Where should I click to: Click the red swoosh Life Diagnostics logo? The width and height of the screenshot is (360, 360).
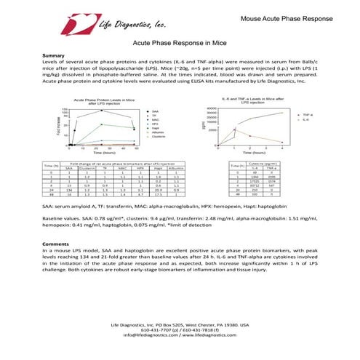(x=70, y=25)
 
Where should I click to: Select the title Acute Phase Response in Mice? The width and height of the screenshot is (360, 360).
(x=180, y=44)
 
